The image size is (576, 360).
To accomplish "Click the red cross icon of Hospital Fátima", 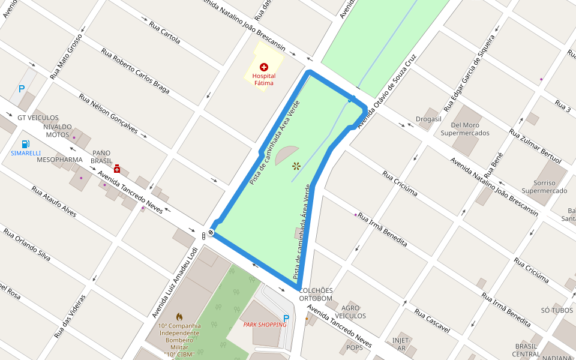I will (x=263, y=67).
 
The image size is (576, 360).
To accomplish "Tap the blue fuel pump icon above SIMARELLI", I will (x=25, y=144).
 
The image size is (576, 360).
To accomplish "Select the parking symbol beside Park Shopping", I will (x=286, y=318).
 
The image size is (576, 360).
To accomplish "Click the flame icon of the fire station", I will (x=179, y=316).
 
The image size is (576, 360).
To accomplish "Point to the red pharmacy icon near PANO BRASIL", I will (x=117, y=169).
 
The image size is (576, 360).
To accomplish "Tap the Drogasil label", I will (x=428, y=119).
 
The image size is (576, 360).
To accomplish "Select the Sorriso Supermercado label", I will (x=544, y=187).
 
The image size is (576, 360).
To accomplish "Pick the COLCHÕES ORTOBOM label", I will (x=316, y=294).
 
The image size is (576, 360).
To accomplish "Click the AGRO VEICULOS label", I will (x=350, y=311).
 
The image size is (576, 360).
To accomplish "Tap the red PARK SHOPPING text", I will (x=265, y=325).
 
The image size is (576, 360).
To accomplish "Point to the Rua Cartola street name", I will (x=165, y=34).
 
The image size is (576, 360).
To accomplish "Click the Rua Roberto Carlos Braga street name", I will (x=136, y=71).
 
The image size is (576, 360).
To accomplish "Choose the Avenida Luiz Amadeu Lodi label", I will (x=175, y=281).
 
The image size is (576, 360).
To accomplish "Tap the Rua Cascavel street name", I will (x=432, y=321).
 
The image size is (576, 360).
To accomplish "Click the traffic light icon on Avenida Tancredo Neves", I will (x=204, y=235).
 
